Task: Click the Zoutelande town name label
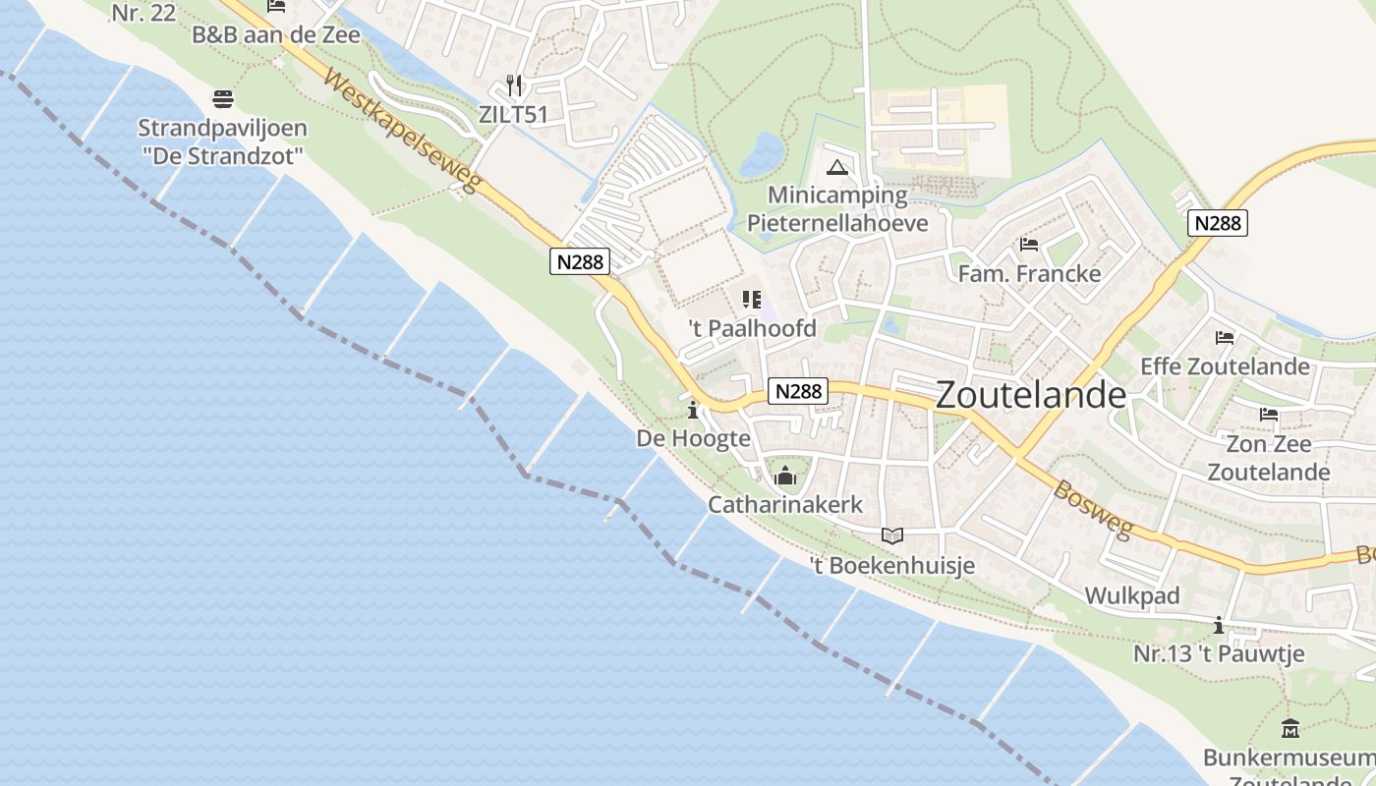coord(1031,394)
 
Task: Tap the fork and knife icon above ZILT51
coord(513,85)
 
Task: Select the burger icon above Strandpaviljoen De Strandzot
coord(223,99)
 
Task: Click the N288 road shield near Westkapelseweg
coord(580,260)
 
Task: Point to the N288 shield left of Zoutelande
coord(797,391)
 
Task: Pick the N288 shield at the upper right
coord(1217,223)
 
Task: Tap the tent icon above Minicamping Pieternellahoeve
coord(836,167)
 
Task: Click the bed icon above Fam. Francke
coord(1029,244)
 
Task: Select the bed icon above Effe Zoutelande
coord(1225,338)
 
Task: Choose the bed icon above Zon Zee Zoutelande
coord(1269,415)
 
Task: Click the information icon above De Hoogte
coord(693,410)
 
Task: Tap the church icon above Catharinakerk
coord(785,477)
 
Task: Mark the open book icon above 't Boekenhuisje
coord(891,535)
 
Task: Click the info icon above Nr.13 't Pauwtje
coord(1219,625)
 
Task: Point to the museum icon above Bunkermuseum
coord(1290,729)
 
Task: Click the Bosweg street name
coord(1093,508)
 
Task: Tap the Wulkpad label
coord(1132,595)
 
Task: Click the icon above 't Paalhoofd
coord(752,300)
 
